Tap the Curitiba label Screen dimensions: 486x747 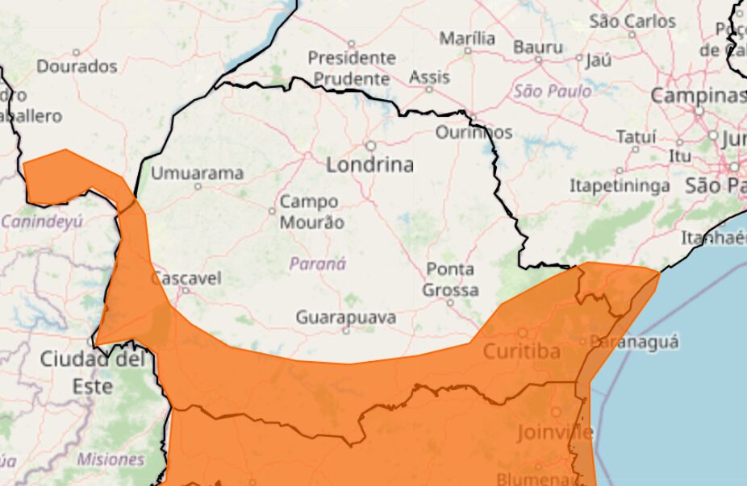[521, 351]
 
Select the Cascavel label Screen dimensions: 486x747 [186, 278]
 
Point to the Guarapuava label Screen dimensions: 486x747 [345, 318]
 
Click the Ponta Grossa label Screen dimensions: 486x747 [451, 280]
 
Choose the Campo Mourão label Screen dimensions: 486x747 [311, 212]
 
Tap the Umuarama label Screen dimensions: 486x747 [197, 173]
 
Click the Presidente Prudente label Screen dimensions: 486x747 [352, 69]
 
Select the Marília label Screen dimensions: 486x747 [467, 38]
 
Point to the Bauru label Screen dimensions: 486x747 [537, 47]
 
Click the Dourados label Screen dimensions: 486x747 [77, 66]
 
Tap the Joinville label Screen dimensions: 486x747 [555, 432]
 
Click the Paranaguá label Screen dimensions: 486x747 [634, 342]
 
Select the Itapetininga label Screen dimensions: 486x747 [620, 186]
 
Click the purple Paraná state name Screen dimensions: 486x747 [317, 264]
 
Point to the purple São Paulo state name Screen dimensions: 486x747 [553, 91]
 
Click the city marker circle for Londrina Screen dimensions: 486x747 [371, 146]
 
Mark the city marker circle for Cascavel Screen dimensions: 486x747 [185, 290]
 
